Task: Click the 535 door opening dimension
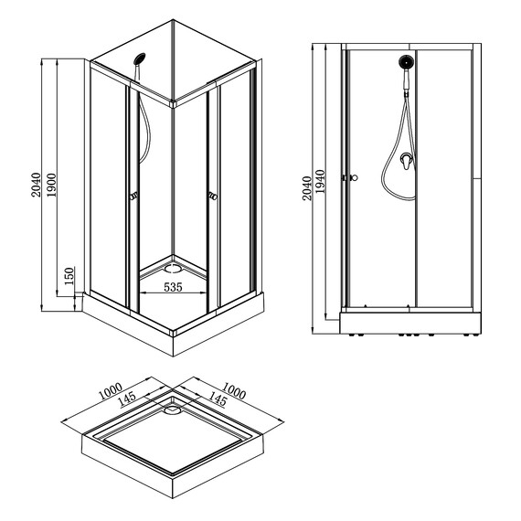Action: (x=173, y=287)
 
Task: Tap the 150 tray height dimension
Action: (x=69, y=276)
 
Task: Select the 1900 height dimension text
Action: (x=51, y=185)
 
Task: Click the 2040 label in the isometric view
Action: (x=36, y=185)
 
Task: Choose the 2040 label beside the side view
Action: (x=307, y=188)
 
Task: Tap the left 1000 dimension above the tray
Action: (x=111, y=391)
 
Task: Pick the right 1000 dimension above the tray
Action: (x=234, y=391)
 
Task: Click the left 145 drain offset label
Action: (x=127, y=399)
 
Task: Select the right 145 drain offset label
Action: (x=218, y=399)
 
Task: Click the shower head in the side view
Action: (x=406, y=62)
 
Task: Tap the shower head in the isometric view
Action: (x=139, y=58)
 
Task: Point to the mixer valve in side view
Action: (x=408, y=161)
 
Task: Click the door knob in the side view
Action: (x=355, y=177)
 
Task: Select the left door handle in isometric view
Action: (x=133, y=197)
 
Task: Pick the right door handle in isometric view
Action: (x=213, y=197)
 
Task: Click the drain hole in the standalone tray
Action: (x=172, y=410)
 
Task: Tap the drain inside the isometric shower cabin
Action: (x=173, y=268)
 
